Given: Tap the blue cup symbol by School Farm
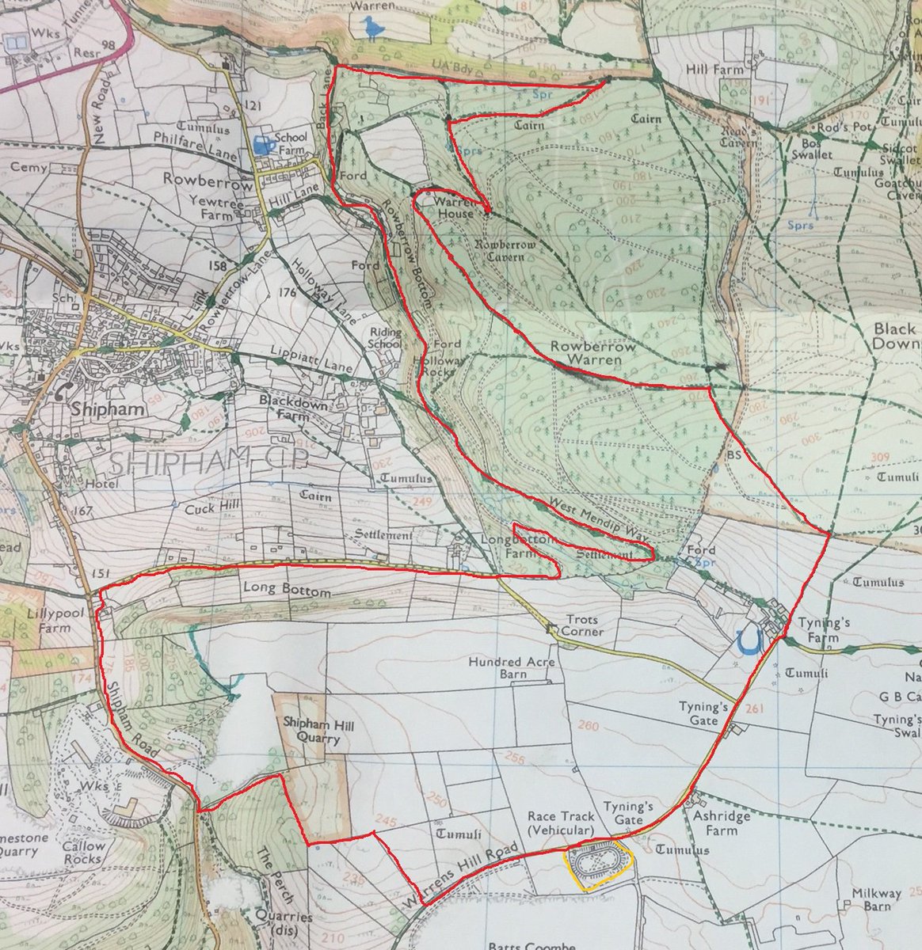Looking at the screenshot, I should coord(261,144).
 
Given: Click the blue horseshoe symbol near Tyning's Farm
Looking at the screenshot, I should coord(748,640).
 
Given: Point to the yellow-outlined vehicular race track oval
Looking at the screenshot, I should coord(597,865).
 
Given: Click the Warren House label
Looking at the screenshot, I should coord(455,207).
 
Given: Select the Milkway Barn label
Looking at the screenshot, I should coord(876,900).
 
